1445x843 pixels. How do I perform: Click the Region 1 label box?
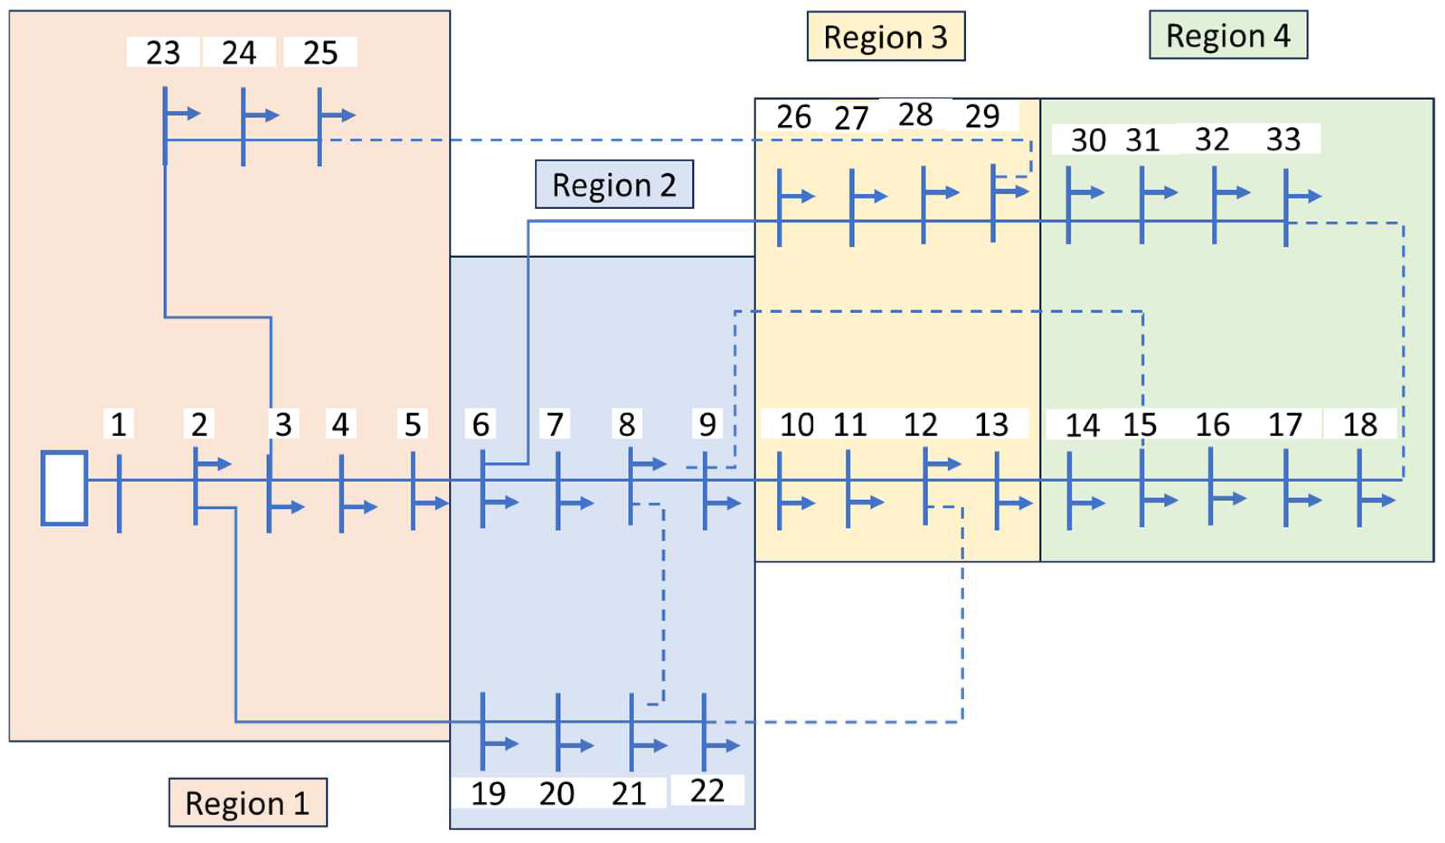[x=248, y=803]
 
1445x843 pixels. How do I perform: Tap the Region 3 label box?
[x=885, y=37]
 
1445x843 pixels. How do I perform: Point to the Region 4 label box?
[x=1228, y=35]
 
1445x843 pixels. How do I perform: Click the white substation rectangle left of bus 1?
[x=64, y=488]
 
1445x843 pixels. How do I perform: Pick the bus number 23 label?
[x=163, y=52]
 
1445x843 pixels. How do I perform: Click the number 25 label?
[x=320, y=52]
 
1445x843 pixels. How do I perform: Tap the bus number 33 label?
[x=1283, y=139]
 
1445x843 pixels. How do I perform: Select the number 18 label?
[x=1360, y=424]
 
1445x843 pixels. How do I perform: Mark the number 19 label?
[x=488, y=793]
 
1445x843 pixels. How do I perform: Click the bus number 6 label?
[x=480, y=424]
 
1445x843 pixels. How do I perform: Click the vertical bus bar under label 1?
[x=119, y=493]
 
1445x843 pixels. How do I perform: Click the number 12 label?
[x=920, y=424]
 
